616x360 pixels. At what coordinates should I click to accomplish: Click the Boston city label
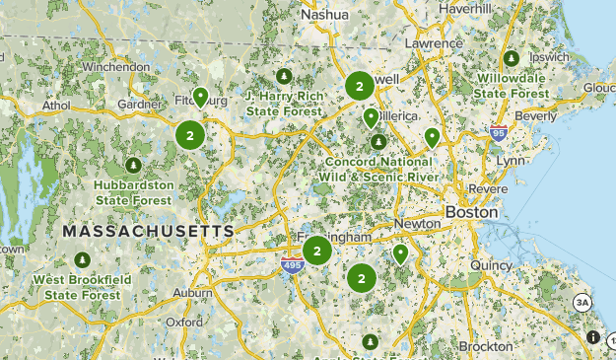472,212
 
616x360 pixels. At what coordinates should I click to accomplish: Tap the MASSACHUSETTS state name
149,231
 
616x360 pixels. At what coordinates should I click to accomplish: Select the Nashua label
324,15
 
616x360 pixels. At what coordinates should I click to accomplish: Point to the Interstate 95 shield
498,132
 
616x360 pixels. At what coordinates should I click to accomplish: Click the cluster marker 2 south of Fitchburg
189,135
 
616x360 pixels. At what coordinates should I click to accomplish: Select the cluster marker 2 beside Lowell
359,87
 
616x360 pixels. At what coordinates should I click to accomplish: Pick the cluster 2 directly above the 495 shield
316,251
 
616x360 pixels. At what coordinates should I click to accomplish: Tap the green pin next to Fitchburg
200,97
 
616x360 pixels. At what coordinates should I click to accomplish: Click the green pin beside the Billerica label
371,118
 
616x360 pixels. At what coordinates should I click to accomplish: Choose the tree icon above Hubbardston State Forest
132,165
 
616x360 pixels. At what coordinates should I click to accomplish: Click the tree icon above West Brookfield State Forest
81,260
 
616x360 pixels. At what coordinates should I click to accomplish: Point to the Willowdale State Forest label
513,85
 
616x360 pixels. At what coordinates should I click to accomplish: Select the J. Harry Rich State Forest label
284,104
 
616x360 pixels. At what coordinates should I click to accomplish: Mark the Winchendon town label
116,67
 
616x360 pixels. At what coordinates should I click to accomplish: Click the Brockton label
485,346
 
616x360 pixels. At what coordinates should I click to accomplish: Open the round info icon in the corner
592,337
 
